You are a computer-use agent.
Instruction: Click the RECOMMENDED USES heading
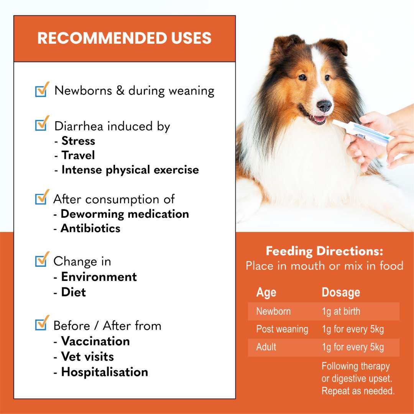pos(124,38)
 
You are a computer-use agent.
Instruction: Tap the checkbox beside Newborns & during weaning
pos(41,91)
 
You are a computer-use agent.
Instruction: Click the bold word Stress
pos(78,141)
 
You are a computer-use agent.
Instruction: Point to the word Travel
pos(78,155)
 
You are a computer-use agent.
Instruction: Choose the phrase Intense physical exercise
pos(130,170)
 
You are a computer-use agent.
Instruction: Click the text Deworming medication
pos(125,214)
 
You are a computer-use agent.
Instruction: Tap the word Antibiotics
pos(90,228)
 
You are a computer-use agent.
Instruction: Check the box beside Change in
pos(41,261)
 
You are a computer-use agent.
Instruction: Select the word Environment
pos(99,277)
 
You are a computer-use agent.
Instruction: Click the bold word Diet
pos(74,292)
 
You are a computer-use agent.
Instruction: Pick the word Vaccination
pos(95,341)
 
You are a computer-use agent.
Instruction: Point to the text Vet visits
pos(87,356)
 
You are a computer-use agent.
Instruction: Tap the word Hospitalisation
pos(105,372)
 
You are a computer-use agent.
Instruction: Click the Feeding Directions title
pos(324,251)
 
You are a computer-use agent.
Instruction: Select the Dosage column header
pos(341,292)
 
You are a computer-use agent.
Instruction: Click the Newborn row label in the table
pos(273,311)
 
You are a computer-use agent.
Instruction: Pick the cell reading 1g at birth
pos(341,311)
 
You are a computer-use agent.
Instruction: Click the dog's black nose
pos(324,105)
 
